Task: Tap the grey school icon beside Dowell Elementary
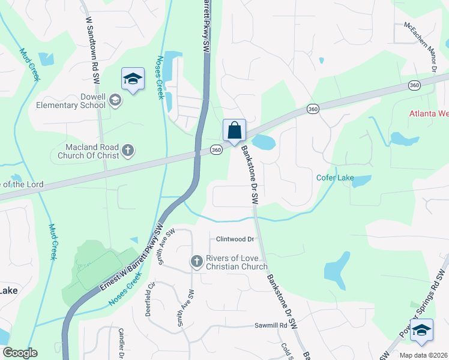116,100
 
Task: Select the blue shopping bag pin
234,130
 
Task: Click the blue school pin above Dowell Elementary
133,79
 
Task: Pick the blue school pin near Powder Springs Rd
421,330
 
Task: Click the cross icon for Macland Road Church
127,150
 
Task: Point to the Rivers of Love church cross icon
196,262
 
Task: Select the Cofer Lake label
335,178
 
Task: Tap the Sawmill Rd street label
274,325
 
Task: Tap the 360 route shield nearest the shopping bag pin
217,149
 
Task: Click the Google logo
20,353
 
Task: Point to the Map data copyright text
424,355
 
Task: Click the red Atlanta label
429,113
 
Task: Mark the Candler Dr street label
121,343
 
